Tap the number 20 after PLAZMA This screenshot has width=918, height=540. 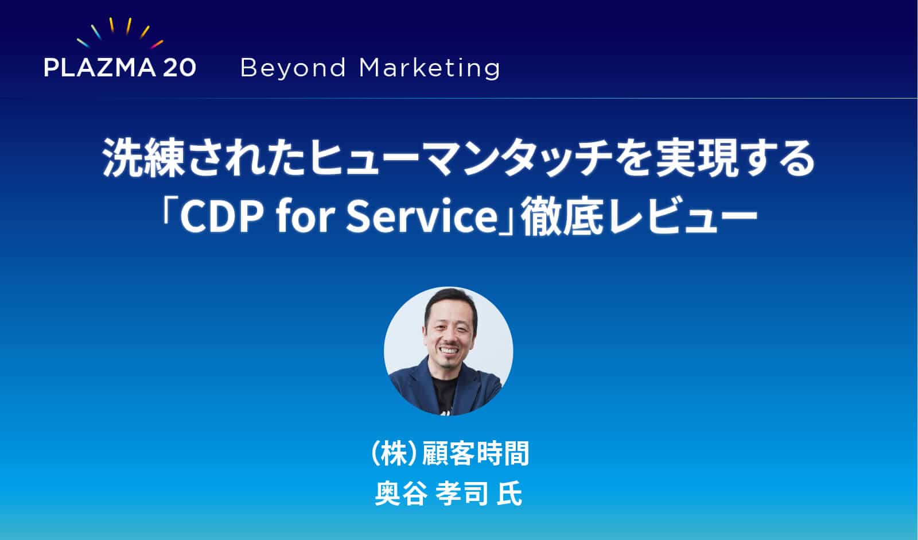point(179,68)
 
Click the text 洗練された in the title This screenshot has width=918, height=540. point(204,159)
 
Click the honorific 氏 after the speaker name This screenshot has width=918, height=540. point(509,494)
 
